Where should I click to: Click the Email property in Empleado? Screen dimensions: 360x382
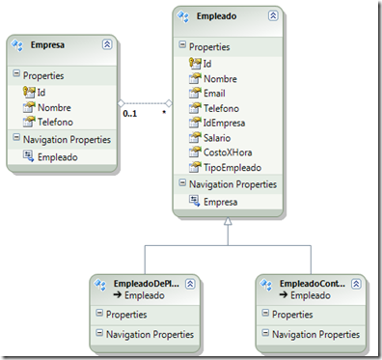214,94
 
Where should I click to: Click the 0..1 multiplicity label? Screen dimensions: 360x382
130,114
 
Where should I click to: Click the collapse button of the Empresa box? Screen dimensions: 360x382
106,45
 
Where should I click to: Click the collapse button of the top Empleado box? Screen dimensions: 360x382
273,16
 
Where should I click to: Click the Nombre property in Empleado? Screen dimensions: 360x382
221,79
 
